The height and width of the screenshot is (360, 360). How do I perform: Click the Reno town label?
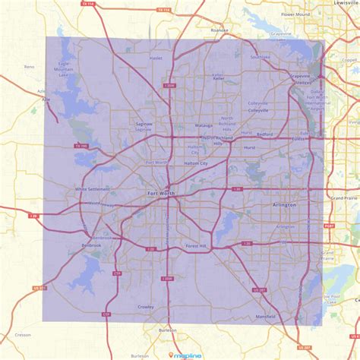(30, 67)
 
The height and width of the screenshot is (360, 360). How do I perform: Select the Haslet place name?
(156, 58)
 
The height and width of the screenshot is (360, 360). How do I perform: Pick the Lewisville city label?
(346, 3)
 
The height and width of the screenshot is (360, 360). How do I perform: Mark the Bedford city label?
(264, 134)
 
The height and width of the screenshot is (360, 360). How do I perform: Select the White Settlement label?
(92, 188)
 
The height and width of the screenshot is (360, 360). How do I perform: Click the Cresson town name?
(23, 334)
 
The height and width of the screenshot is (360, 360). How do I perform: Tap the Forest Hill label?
(196, 246)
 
